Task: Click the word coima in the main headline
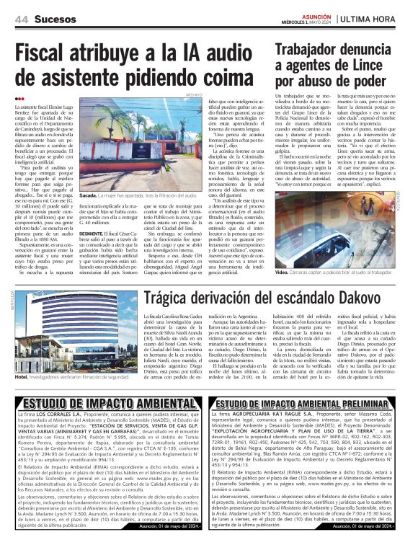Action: pyautogui.click(x=228, y=75)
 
